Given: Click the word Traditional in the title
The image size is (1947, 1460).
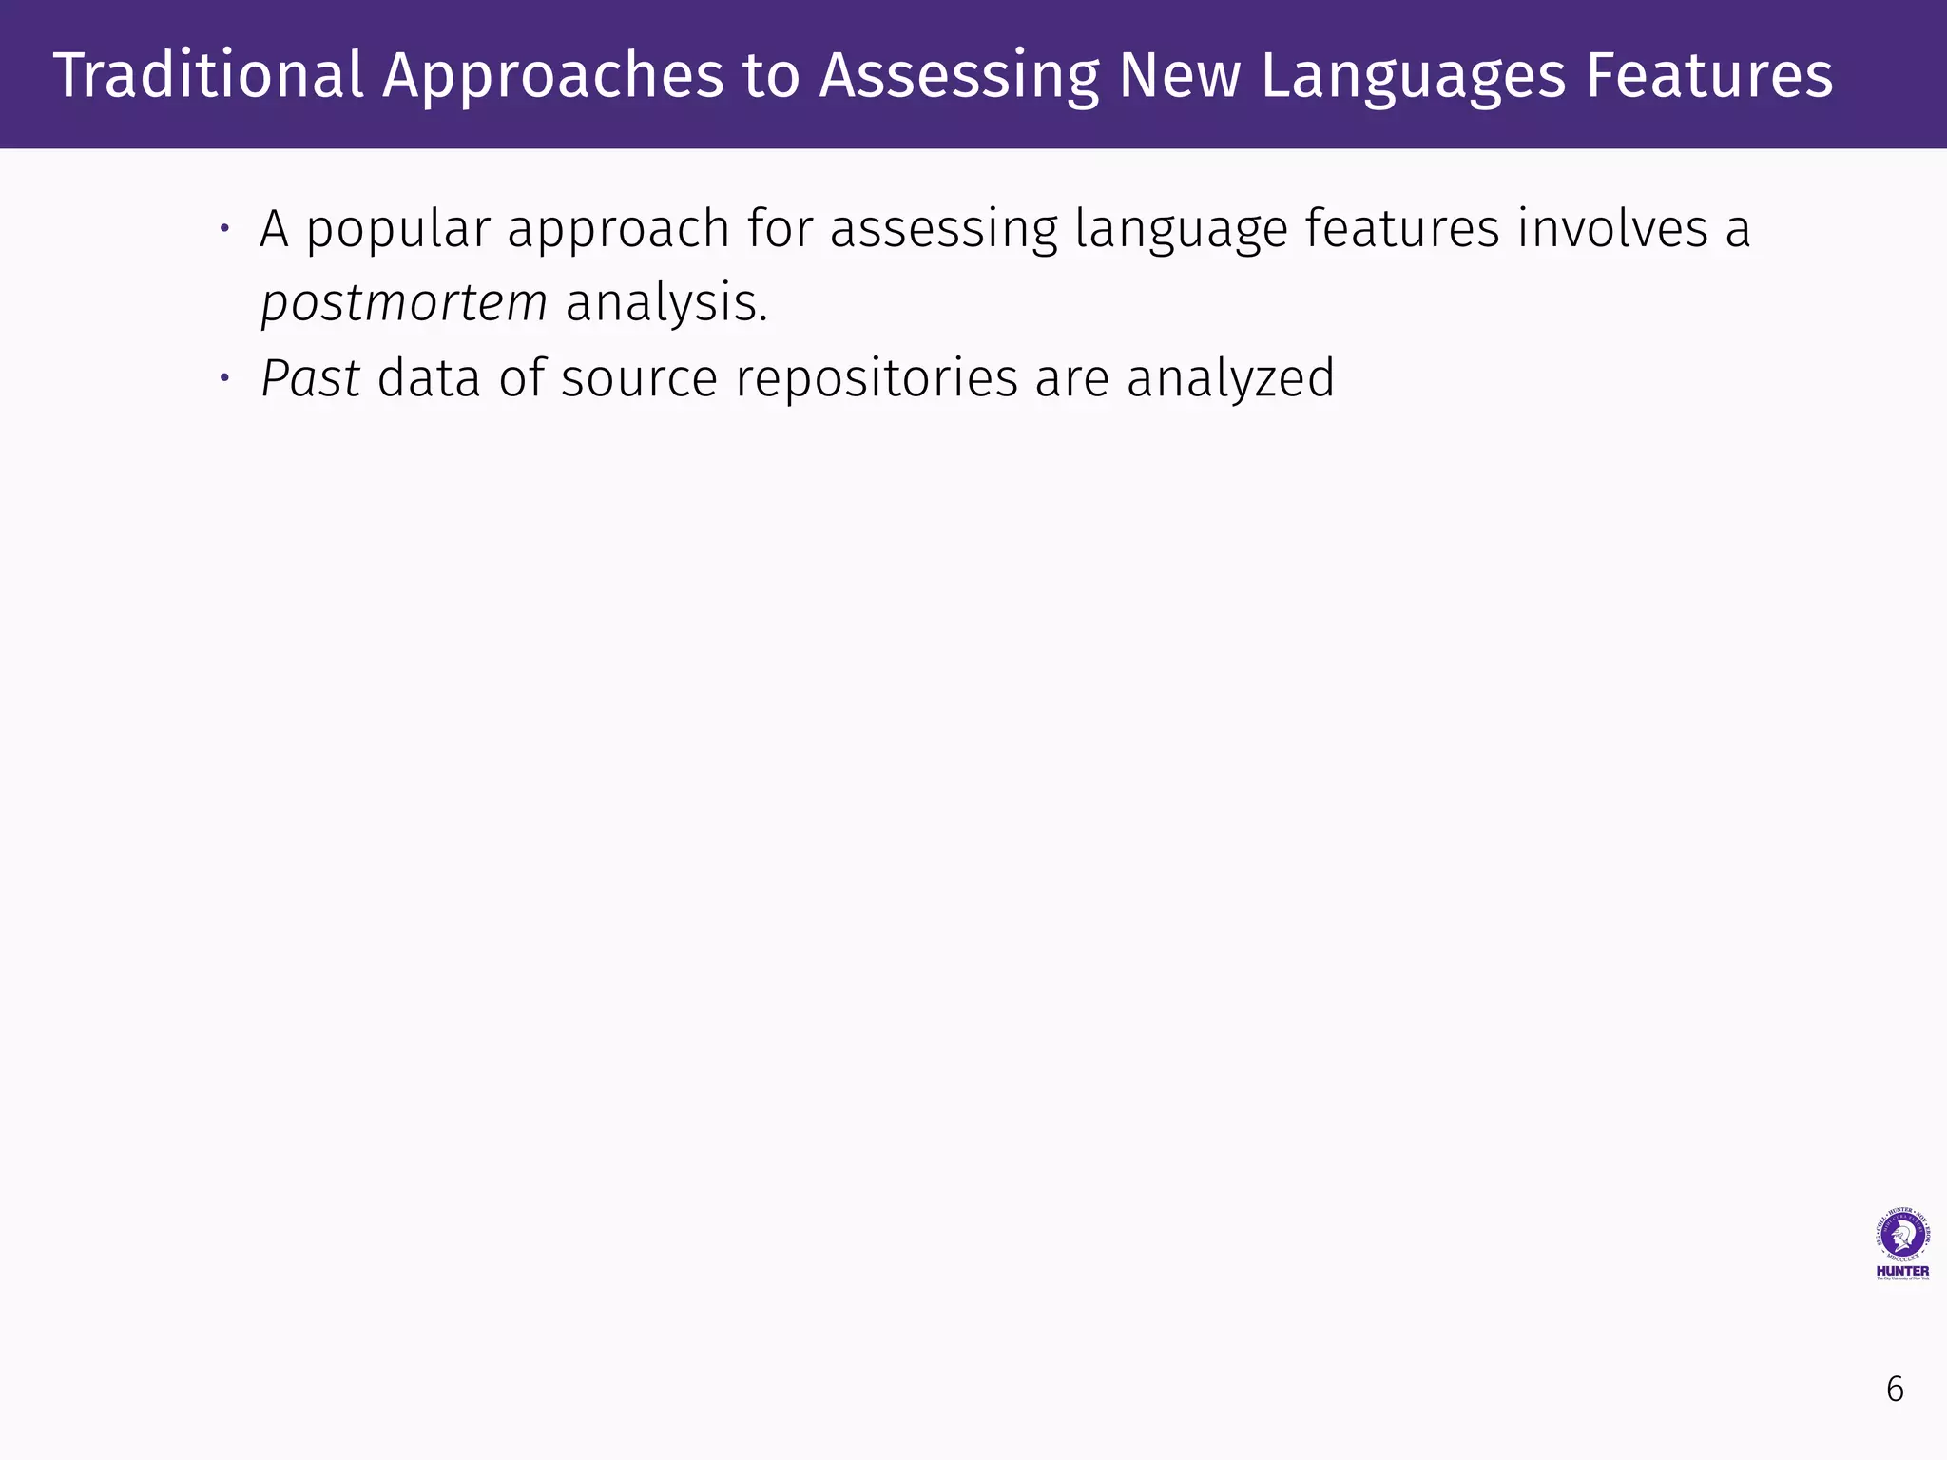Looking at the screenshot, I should [x=208, y=75].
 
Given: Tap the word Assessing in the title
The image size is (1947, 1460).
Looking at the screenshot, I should [x=958, y=75].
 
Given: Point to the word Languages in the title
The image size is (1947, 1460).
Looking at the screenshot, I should [x=1413, y=75].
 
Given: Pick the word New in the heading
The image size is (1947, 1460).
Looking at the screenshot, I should [x=1179, y=75].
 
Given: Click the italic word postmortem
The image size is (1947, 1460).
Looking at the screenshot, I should [x=404, y=303].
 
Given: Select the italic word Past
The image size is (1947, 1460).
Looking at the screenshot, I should [x=310, y=378].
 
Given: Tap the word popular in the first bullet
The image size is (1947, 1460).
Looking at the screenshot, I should [x=397, y=230].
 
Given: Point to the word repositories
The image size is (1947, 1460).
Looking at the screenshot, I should [x=877, y=378].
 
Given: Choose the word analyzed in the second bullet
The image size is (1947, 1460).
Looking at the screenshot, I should [x=1230, y=378].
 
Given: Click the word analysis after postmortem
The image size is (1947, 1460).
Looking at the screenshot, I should [x=665, y=303].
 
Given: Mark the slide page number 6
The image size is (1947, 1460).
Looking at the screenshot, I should [x=1895, y=1390].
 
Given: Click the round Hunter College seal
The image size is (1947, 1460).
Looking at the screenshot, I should [x=1902, y=1236].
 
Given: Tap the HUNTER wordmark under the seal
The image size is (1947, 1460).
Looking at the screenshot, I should [x=1902, y=1271].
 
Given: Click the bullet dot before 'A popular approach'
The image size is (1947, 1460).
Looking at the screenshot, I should [x=224, y=228].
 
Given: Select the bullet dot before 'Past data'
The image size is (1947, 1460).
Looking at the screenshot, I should [x=224, y=378].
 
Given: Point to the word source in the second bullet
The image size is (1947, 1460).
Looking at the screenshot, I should [x=639, y=378].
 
